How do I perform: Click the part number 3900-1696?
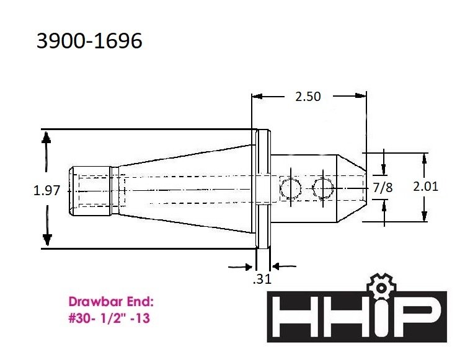(x=89, y=41)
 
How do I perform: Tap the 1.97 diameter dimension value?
(x=46, y=191)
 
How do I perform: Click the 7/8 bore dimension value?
(x=384, y=187)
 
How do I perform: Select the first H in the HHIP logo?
(x=296, y=317)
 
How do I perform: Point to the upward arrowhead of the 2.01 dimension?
(x=424, y=157)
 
